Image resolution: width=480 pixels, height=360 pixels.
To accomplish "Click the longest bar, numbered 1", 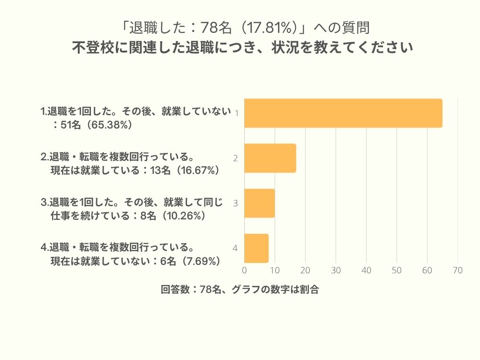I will (x=343, y=113).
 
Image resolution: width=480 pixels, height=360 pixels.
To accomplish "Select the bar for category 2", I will (x=270, y=158).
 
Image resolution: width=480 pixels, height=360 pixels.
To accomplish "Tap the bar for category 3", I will (x=259, y=203).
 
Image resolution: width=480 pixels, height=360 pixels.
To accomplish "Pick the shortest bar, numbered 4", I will (x=256, y=248).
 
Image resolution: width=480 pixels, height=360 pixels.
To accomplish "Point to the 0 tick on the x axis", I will (x=244, y=270).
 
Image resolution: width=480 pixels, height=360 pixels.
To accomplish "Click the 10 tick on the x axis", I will (x=275, y=270).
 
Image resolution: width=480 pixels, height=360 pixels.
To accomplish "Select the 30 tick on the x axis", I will (x=336, y=270).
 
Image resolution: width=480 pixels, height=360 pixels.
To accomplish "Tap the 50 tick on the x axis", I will (x=397, y=270).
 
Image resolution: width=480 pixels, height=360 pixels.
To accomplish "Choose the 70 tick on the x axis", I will (x=457, y=270).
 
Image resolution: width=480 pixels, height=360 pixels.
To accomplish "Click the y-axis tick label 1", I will (x=237, y=113).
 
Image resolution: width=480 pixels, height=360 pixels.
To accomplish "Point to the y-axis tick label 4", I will (x=236, y=248).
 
